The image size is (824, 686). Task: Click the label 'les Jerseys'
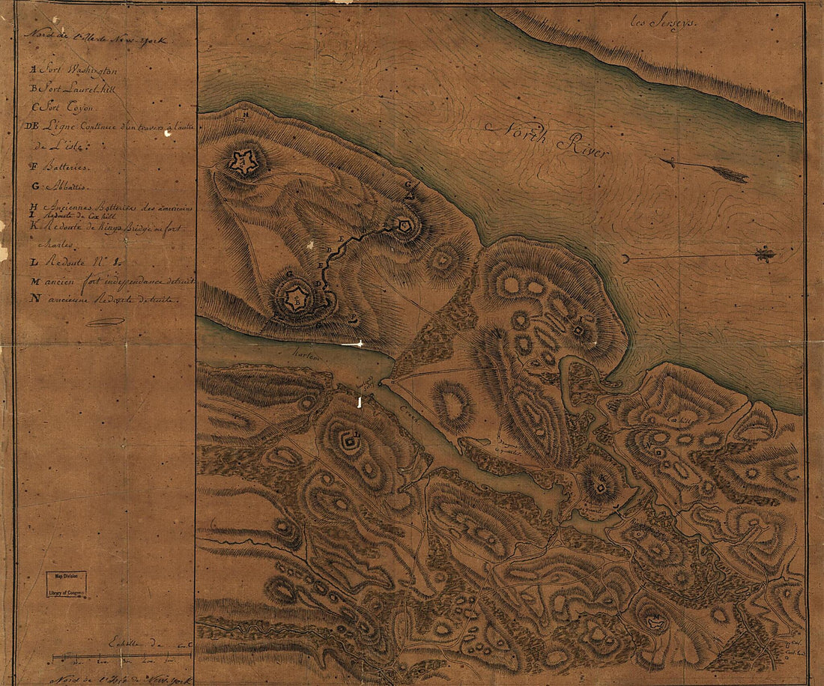click(664, 23)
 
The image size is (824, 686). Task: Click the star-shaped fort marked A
click(243, 162)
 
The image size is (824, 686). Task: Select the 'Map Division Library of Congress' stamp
click(67, 584)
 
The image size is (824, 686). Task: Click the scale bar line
click(120, 657)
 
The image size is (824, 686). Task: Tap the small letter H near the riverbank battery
click(246, 115)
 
